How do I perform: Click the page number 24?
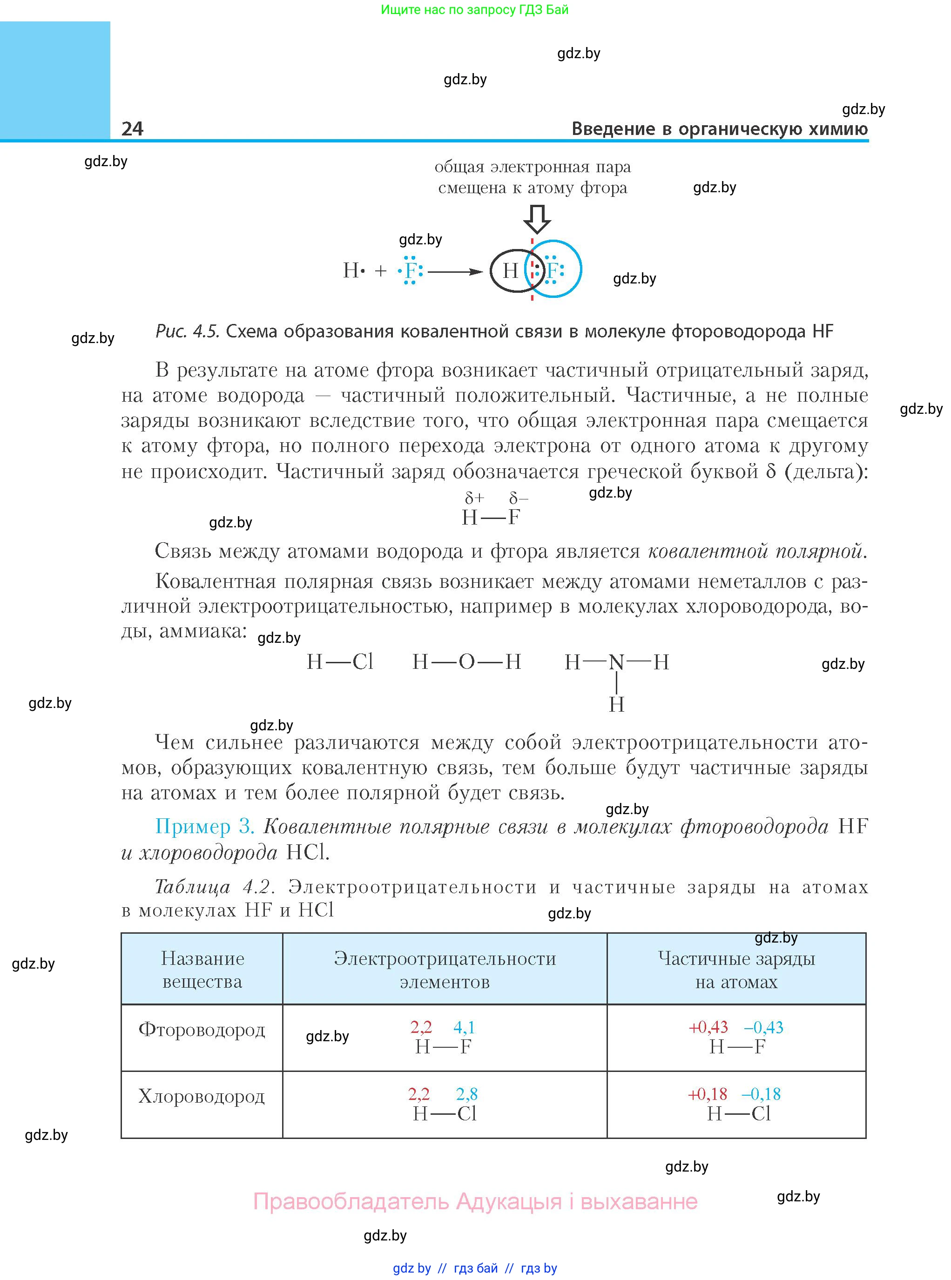[132, 128]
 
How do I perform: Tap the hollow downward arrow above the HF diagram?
[537, 219]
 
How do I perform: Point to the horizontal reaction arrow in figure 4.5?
[455, 271]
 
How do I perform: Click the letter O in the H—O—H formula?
[466, 662]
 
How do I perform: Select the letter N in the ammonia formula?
[616, 662]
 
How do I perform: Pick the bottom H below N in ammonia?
[616, 704]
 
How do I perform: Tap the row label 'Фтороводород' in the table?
[202, 1029]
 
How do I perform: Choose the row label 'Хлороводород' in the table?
[202, 1096]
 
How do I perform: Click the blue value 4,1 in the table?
[464, 1027]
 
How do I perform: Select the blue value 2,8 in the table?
[466, 1093]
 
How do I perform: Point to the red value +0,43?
[708, 1027]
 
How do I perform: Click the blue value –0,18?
[761, 1093]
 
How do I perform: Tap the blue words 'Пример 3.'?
[205, 827]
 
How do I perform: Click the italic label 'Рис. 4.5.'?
[188, 331]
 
